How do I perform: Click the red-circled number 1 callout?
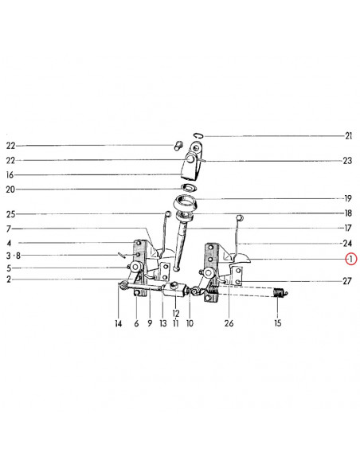[350, 260]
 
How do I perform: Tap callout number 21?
[348, 136]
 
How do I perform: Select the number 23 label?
[347, 161]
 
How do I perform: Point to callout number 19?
[348, 198]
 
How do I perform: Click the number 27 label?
[347, 281]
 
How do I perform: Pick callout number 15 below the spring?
[277, 323]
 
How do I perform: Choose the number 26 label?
[229, 323]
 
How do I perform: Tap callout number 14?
[119, 323]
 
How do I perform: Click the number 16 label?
[10, 175]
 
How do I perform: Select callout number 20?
[10, 190]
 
